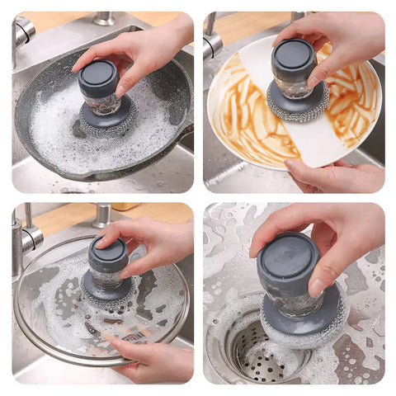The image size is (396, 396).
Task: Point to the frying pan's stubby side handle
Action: pos(186,132)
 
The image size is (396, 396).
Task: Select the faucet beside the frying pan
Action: pos(22,33)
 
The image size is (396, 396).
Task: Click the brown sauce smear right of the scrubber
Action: pos(355,107)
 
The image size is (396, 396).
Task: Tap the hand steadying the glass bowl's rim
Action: pos(153,359)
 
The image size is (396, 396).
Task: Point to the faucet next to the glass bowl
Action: pos(25,239)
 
